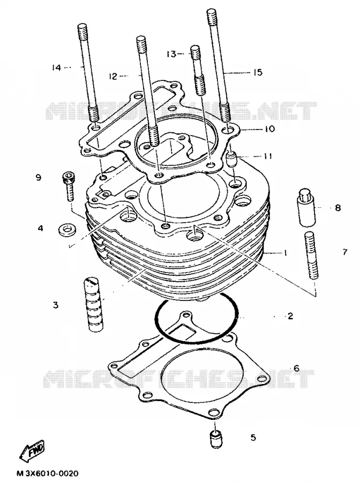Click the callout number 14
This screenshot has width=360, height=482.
[x=57, y=67]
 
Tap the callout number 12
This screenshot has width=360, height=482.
[x=113, y=76]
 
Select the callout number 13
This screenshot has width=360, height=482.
[x=171, y=54]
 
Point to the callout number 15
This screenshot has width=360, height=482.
[x=258, y=72]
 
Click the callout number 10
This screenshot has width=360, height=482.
[x=269, y=129]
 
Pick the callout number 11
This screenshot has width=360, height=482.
[x=268, y=156]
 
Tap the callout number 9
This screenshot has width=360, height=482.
[x=39, y=177]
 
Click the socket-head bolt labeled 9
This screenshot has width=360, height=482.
[x=69, y=186]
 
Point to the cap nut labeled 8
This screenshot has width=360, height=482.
[x=306, y=207]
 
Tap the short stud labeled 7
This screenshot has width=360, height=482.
[x=312, y=256]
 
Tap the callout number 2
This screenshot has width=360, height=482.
[x=290, y=316]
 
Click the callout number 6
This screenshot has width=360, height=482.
[x=296, y=368]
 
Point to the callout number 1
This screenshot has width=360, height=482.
[x=286, y=253]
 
